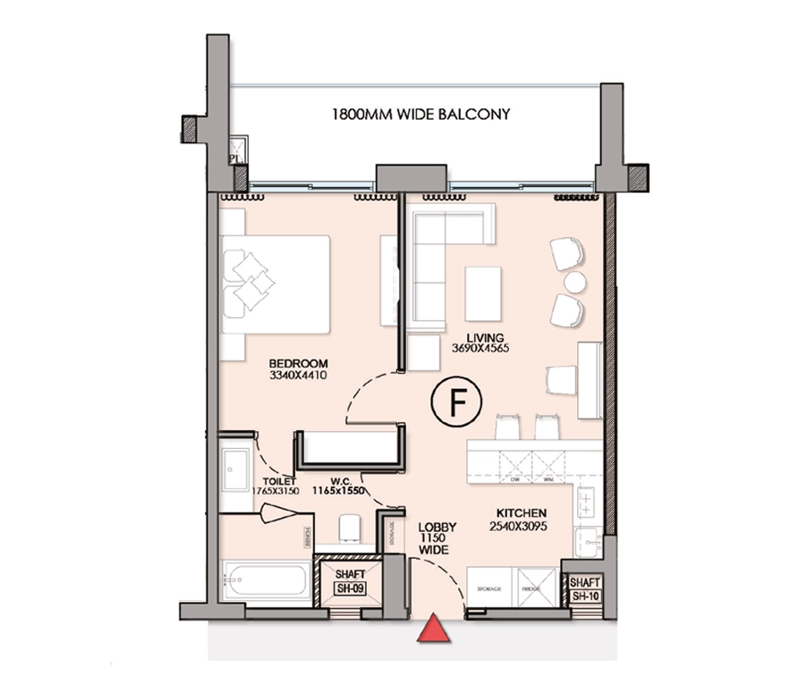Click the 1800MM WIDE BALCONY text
(420, 114)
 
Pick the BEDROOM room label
(299, 364)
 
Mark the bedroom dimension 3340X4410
(299, 376)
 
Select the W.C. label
(340, 478)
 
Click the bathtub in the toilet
(265, 582)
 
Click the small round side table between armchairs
(574, 283)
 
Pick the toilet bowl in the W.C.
(350, 528)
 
